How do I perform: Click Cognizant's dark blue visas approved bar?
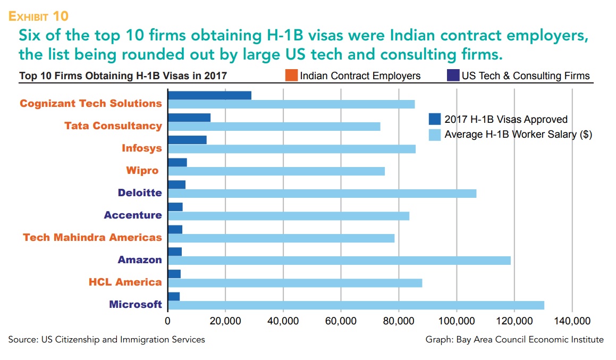(209, 95)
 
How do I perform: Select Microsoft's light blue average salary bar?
(356, 305)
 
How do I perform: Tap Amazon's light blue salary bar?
(339, 261)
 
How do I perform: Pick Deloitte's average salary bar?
(322, 194)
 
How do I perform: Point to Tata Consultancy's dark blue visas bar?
(189, 118)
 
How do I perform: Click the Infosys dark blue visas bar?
(187, 140)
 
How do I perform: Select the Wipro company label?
(142, 171)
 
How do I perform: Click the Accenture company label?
(133, 215)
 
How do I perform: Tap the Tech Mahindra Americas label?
(92, 237)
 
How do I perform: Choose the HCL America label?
(125, 282)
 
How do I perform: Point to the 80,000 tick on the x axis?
(399, 321)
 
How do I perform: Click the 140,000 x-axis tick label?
(572, 321)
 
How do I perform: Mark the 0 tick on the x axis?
(168, 321)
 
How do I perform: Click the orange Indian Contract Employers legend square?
(291, 76)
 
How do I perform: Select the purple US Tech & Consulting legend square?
(453, 76)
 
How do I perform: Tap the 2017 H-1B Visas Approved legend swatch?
(435, 119)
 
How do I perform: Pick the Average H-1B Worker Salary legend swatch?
(435, 135)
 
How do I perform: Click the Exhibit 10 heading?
(38, 16)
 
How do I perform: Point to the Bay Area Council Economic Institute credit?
(514, 340)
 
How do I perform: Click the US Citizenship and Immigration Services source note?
(106, 340)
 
